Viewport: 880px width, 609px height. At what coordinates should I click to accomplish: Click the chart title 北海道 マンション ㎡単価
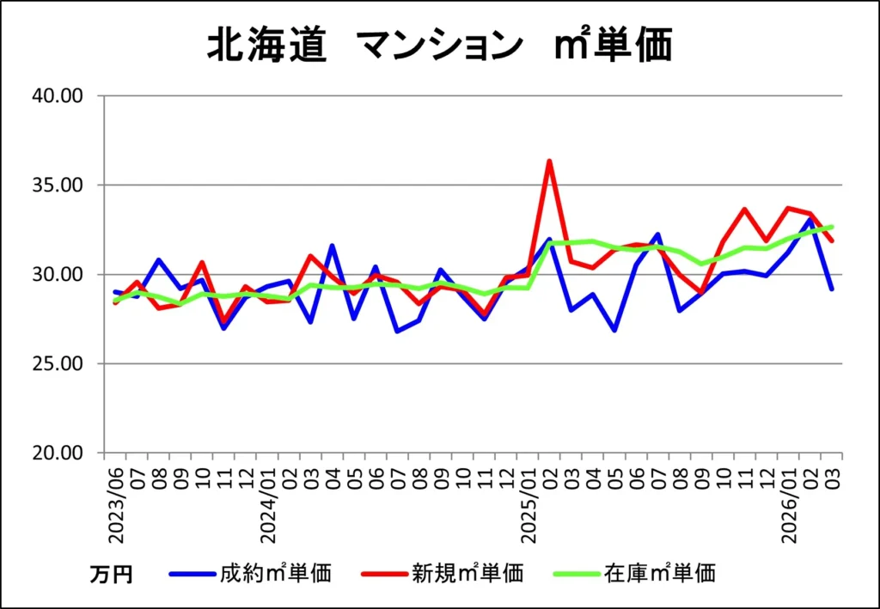pyautogui.click(x=439, y=46)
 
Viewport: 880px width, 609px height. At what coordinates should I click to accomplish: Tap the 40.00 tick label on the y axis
pyautogui.click(x=56, y=96)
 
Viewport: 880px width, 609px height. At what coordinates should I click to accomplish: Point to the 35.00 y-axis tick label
pyautogui.click(x=56, y=186)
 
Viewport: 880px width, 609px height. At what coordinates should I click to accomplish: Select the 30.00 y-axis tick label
pyautogui.click(x=56, y=275)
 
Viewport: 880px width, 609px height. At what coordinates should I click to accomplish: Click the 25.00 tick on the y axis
pyautogui.click(x=56, y=364)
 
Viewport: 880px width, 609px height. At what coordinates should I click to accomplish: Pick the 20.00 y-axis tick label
pyautogui.click(x=56, y=454)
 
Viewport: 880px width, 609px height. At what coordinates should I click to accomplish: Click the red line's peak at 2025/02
pyautogui.click(x=549, y=161)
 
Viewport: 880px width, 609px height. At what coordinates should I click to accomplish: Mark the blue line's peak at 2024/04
pyautogui.click(x=333, y=246)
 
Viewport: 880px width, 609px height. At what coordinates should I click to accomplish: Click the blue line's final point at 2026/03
pyautogui.click(x=832, y=289)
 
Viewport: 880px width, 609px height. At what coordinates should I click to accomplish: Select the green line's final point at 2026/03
pyautogui.click(x=832, y=227)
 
